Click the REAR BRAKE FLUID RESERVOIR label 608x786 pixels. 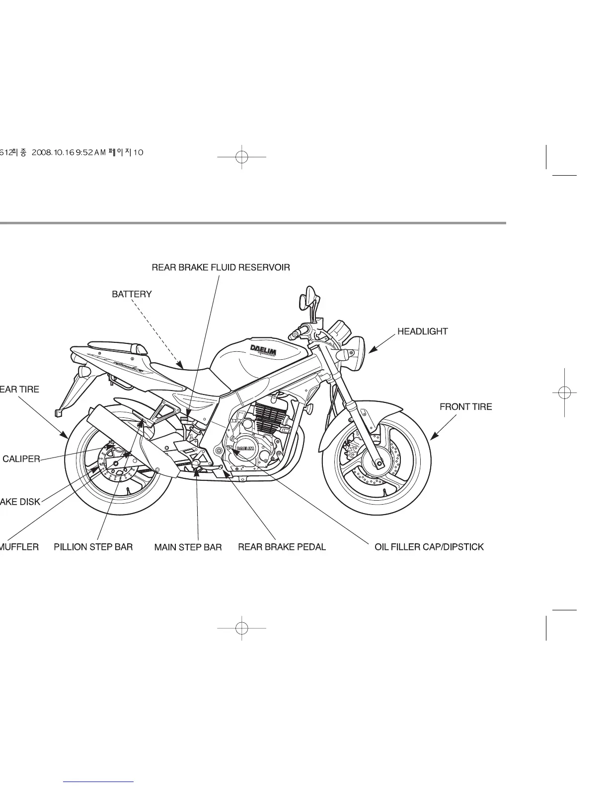coord(221,267)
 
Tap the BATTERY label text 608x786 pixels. coord(132,294)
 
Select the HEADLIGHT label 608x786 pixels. coord(422,331)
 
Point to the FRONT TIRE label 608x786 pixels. coord(465,407)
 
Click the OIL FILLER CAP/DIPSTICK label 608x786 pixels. coord(429,547)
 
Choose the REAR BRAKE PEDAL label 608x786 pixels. coord(282,547)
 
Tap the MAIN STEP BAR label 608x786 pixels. coord(188,547)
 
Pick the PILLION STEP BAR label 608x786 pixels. coord(93,547)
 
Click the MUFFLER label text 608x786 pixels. coord(19,547)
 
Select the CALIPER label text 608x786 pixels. coord(21,459)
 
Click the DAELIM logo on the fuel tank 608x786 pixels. coord(263,350)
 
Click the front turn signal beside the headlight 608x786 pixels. coord(342,355)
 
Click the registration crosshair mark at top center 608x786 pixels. coord(242,157)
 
